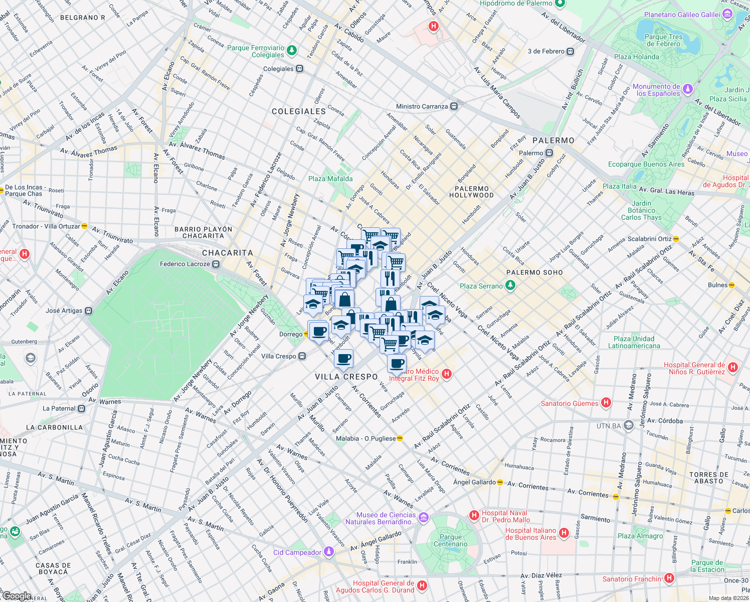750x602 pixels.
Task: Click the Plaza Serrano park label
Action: pyautogui.click(x=481, y=286)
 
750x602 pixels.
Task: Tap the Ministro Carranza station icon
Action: pyautogui.click(x=454, y=106)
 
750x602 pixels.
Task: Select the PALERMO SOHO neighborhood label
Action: pyautogui.click(x=534, y=272)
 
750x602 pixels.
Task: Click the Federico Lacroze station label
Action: pyautogui.click(x=184, y=264)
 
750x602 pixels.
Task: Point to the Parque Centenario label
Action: pyautogui.click(x=450, y=540)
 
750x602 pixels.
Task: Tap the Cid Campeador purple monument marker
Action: pyautogui.click(x=329, y=552)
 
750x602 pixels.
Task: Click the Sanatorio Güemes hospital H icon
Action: pyautogui.click(x=606, y=403)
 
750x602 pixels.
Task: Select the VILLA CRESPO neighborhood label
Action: pyautogui.click(x=346, y=377)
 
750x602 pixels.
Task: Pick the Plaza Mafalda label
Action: pyautogui.click(x=330, y=179)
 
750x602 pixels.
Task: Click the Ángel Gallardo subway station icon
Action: pyautogui.click(x=500, y=482)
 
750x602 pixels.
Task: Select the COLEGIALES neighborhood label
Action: pyautogui.click(x=299, y=111)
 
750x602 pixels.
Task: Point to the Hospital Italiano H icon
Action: pyautogui.click(x=564, y=533)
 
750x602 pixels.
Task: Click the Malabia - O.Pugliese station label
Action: pyautogui.click(x=365, y=438)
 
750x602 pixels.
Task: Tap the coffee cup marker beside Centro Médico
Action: pyautogui.click(x=397, y=364)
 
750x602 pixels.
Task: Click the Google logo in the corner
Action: pyautogui.click(x=17, y=596)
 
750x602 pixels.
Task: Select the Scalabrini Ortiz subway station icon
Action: pyautogui.click(x=676, y=239)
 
